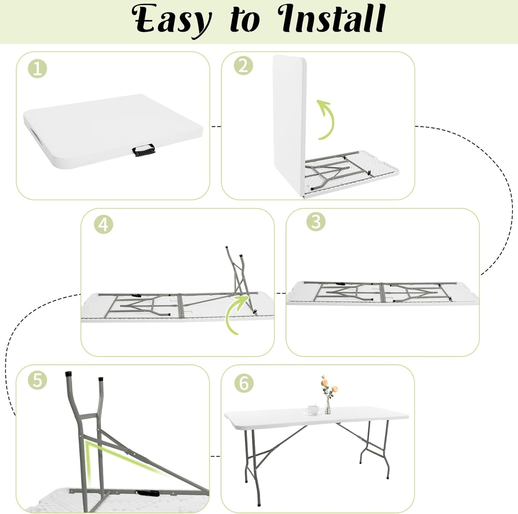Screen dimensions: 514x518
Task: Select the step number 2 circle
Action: pyautogui.click(x=243, y=66)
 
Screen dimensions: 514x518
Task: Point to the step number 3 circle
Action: pyautogui.click(x=316, y=222)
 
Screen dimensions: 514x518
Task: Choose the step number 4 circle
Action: pyautogui.click(x=104, y=225)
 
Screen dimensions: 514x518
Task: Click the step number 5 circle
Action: pyautogui.click(x=38, y=380)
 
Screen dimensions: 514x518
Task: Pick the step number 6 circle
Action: pyautogui.click(x=244, y=383)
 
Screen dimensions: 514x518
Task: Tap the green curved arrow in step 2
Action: pyautogui.click(x=327, y=119)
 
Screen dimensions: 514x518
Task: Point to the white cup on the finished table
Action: pyautogui.click(x=310, y=410)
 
